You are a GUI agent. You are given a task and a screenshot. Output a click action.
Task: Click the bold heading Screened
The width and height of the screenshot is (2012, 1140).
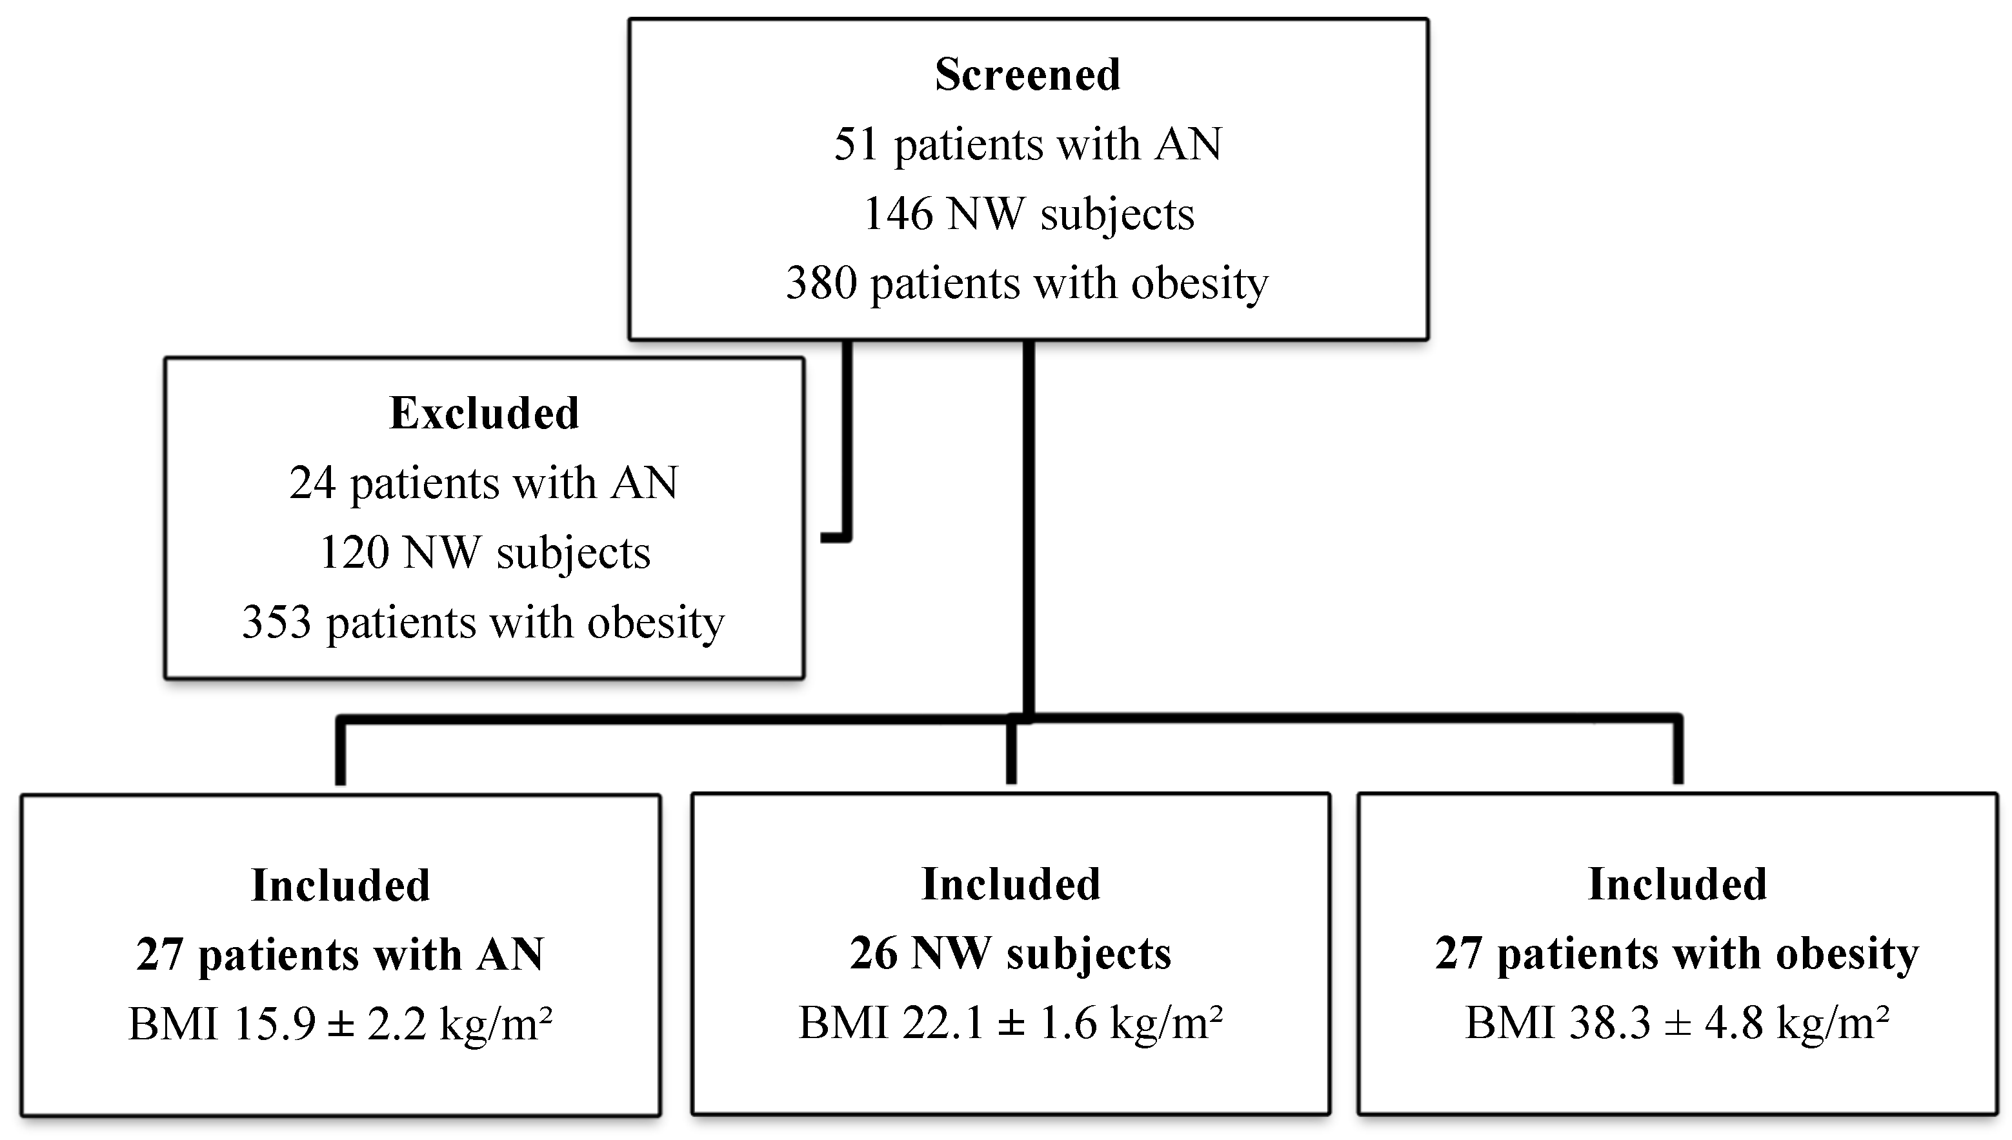point(1027,75)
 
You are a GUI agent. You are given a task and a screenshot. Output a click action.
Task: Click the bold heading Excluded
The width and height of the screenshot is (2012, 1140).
point(484,414)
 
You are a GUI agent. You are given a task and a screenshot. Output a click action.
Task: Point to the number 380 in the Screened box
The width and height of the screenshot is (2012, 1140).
point(820,283)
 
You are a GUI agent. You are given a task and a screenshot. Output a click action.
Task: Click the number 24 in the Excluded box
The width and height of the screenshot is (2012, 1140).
point(313,483)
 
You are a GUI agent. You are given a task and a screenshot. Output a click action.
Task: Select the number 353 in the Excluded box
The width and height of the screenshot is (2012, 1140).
point(276,623)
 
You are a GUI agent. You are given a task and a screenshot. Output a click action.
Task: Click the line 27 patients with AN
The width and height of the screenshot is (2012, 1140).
point(340,954)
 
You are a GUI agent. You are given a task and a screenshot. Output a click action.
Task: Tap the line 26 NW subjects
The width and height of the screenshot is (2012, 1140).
point(1010,954)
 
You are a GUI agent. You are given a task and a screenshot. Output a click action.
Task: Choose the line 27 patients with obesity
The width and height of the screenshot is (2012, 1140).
point(1677,954)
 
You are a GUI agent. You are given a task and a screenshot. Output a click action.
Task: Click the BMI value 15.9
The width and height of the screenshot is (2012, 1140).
point(274,1024)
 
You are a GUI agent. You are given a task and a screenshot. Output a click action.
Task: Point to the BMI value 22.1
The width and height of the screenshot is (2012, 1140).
point(943,1023)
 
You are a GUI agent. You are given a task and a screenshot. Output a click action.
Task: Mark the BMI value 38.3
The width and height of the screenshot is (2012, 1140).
point(1609,1023)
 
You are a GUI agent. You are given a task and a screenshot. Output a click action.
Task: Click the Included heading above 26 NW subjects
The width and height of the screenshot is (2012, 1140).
point(1010,885)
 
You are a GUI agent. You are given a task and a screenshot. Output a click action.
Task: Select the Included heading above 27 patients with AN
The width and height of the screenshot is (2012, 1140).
point(340,886)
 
